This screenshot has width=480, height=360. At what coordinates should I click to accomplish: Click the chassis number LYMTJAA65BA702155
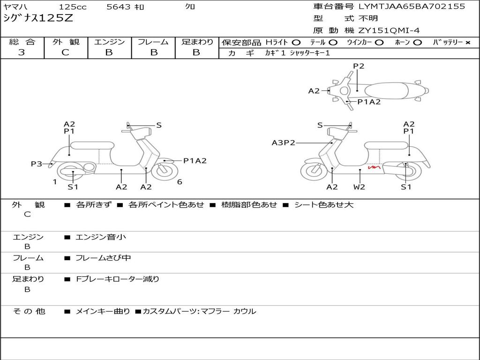(x=412, y=6)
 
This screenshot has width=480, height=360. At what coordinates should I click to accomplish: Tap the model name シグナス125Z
(x=38, y=18)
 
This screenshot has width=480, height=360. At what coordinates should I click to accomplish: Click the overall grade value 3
(x=22, y=52)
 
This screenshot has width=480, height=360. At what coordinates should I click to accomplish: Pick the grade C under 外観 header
(x=65, y=52)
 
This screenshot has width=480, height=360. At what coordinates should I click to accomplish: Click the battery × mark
(x=467, y=43)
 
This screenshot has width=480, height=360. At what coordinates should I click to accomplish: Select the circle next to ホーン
(x=417, y=43)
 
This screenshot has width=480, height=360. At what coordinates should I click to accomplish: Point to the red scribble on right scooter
(x=374, y=167)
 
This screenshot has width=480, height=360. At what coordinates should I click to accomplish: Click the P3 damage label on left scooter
(x=36, y=164)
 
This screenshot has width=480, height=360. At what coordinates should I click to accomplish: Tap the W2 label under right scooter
(x=359, y=187)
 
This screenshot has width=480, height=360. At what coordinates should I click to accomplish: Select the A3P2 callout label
(x=284, y=142)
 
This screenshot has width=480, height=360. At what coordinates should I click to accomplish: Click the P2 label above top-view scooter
(x=359, y=66)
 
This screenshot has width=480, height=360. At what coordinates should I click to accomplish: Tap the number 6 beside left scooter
(x=180, y=182)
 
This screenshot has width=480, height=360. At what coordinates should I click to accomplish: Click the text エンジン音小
(x=101, y=237)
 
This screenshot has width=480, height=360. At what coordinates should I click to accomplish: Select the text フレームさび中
(x=103, y=258)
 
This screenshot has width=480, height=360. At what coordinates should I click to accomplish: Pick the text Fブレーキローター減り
(x=118, y=279)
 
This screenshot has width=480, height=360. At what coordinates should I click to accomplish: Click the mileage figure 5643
(x=119, y=7)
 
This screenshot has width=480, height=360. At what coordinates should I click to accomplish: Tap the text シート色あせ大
(x=324, y=204)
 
